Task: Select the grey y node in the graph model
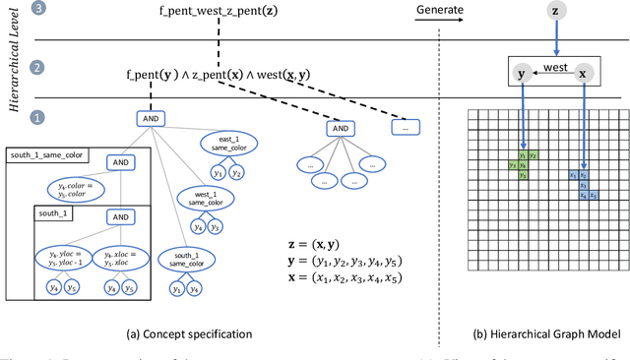[x=523, y=75]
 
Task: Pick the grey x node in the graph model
[x=584, y=75]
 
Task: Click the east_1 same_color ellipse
[x=227, y=147]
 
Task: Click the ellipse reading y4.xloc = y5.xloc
[x=128, y=257]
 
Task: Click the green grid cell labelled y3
[x=512, y=165]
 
